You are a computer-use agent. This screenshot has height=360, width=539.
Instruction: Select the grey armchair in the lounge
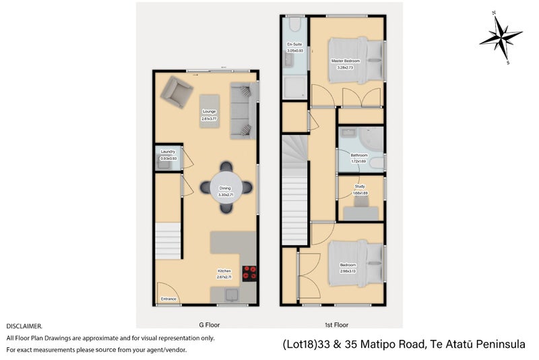(177, 92)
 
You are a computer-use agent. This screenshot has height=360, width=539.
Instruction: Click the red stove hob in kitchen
(250, 272)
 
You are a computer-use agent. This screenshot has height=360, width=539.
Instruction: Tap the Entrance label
(168, 299)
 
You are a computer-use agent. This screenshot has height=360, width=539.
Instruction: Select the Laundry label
(168, 152)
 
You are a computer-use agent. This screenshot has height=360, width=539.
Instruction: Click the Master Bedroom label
(345, 61)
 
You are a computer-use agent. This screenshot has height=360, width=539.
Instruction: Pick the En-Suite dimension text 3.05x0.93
(294, 51)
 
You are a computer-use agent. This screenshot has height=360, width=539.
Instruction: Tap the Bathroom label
(358, 155)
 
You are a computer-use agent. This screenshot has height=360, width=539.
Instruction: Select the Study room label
(360, 186)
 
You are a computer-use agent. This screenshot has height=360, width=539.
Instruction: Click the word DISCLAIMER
(24, 326)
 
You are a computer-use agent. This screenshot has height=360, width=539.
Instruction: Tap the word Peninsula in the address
(500, 344)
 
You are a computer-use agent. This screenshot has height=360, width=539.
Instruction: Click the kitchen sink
(231, 293)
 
